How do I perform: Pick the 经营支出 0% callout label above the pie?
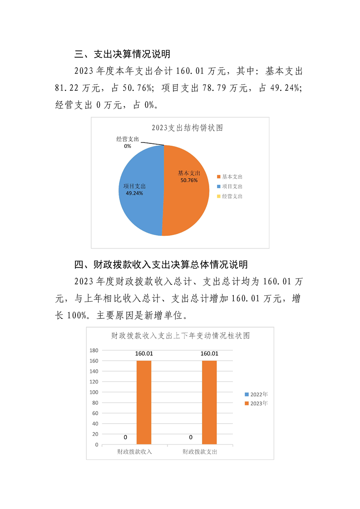point(128,142)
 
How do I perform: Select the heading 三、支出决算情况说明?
point(122,54)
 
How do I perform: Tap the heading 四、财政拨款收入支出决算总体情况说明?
point(161,264)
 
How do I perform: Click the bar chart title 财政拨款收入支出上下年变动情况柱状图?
point(181,336)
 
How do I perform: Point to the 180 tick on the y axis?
point(94,350)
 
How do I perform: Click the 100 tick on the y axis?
point(94,392)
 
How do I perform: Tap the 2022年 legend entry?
point(256,394)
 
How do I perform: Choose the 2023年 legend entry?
point(256,403)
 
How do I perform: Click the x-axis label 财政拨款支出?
point(200,452)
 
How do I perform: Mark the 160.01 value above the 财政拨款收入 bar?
point(144,354)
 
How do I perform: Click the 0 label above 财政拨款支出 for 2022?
point(191,438)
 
